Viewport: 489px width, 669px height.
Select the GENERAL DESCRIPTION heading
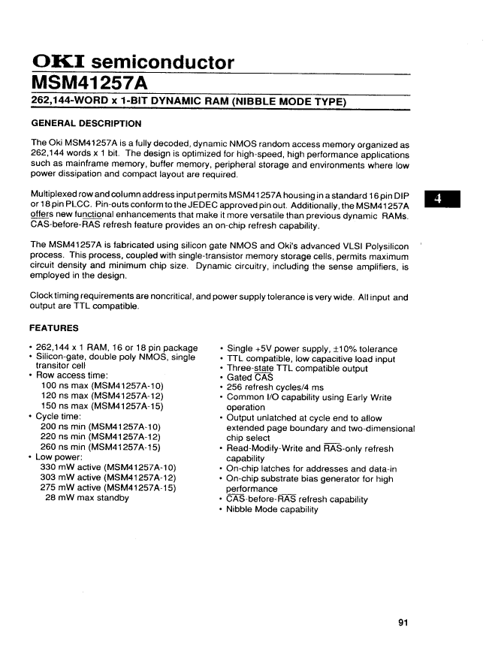[86, 123]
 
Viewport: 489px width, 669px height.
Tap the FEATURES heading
[54, 328]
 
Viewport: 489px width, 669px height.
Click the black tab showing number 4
[442, 200]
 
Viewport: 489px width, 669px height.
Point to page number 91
[403, 622]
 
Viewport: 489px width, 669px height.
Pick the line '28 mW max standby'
[86, 497]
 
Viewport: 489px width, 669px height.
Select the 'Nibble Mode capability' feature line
[272, 509]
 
